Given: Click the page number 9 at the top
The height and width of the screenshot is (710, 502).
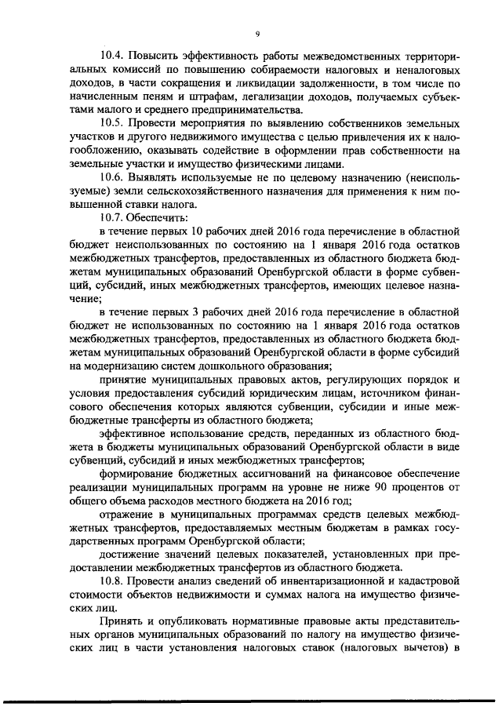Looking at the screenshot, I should click(x=257, y=33).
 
